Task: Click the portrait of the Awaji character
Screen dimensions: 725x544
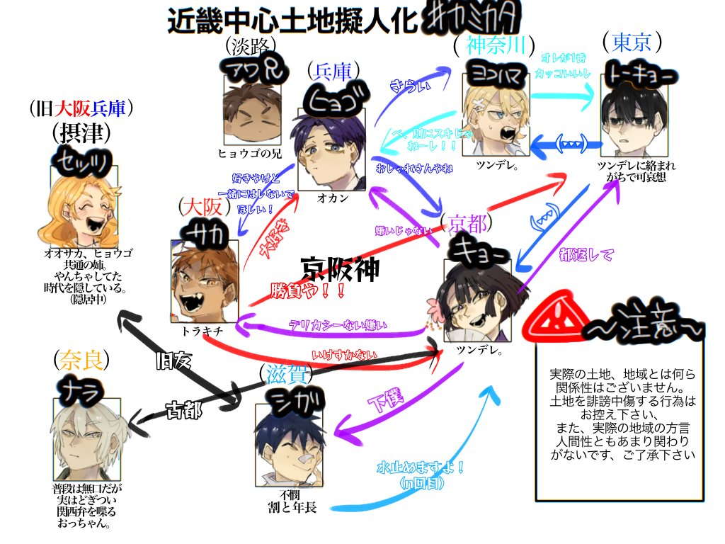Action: click(x=252, y=107)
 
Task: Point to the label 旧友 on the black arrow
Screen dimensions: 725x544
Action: click(x=174, y=361)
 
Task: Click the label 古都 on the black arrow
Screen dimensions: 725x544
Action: click(x=183, y=410)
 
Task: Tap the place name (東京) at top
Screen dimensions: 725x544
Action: click(x=632, y=42)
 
